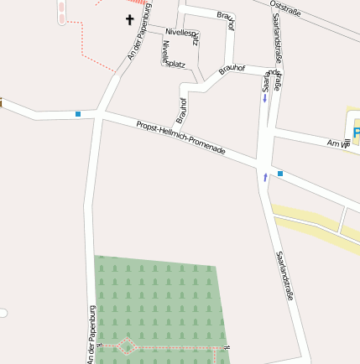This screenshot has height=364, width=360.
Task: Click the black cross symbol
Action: [x=130, y=18]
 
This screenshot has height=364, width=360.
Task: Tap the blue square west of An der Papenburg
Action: [x=78, y=113]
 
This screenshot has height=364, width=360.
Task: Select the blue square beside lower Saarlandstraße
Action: [x=280, y=174]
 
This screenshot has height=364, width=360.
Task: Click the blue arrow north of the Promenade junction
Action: [x=265, y=98]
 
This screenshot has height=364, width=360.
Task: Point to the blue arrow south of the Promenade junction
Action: [x=266, y=177]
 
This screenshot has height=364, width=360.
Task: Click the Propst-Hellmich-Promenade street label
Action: [x=181, y=137]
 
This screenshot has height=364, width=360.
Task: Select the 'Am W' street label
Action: [x=338, y=144]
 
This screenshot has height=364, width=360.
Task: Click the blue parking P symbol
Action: [x=356, y=133]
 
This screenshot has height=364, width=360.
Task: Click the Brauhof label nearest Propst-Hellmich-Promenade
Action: [x=181, y=109]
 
